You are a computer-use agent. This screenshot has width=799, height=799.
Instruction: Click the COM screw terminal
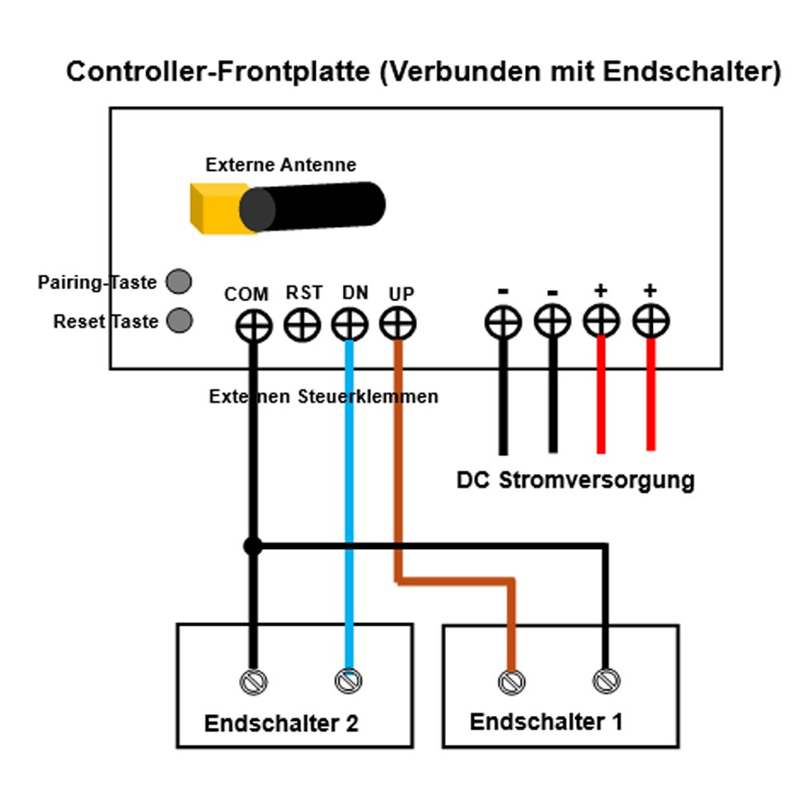coord(254,326)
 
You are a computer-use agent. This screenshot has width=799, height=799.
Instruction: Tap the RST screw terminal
coord(302,325)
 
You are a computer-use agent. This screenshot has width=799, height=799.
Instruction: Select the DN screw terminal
coord(349,325)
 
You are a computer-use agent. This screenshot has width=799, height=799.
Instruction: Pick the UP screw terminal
coord(397,324)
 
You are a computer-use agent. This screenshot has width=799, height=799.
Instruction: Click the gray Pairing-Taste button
coord(179,281)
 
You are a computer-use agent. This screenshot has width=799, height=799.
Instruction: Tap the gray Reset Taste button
coord(179,320)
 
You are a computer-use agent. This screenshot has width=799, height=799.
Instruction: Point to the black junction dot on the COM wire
coord(252,547)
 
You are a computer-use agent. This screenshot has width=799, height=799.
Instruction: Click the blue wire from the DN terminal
coord(349,495)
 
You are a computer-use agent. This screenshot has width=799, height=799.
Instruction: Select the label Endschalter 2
coord(281,724)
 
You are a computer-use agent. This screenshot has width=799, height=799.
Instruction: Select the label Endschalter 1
coord(546,721)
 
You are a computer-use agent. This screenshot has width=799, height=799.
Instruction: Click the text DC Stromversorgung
coord(575,480)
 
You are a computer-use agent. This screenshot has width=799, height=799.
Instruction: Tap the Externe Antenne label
coord(280,165)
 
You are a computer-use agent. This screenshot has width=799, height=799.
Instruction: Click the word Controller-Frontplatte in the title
coord(217,72)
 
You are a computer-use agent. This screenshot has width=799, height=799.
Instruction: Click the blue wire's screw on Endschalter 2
coord(348,682)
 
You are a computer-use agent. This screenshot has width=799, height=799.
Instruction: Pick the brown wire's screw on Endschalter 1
coord(511,682)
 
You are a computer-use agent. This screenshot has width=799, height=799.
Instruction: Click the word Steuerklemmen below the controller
coord(368,396)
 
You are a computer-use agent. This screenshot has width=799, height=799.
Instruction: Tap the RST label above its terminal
coord(304,293)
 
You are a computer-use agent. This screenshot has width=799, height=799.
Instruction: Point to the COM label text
coord(246,294)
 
